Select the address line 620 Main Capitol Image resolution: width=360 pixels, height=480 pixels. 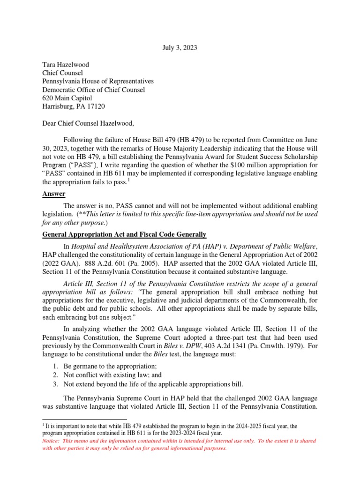pyautogui.click(x=67, y=98)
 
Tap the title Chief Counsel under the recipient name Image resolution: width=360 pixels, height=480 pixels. pyautogui.click(x=62, y=73)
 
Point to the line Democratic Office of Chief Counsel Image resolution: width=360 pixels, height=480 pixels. pyautogui.click(x=94, y=90)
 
